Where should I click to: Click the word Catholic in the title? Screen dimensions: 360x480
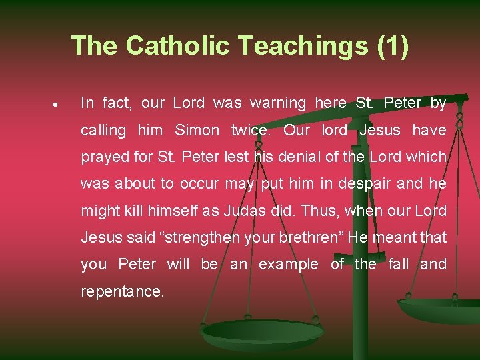coord(177,45)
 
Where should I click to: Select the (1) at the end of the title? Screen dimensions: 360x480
coord(393,45)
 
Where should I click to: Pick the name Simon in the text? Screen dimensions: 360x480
coord(197,130)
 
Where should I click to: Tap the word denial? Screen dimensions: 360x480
coord(294,157)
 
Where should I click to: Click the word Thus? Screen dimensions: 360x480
coord(316,211)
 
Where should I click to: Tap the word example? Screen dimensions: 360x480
coord(288,265)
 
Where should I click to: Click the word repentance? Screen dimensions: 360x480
coord(122,291)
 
